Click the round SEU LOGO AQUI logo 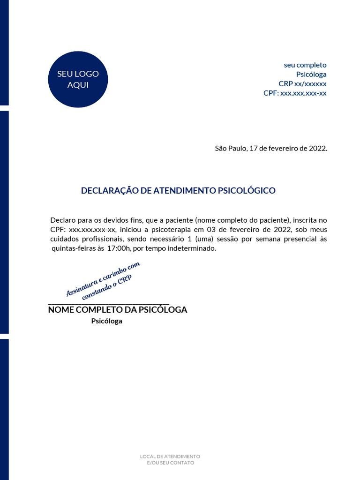[x=78, y=79]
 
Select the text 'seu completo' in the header [x=305, y=65]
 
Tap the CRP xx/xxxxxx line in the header [x=302, y=84]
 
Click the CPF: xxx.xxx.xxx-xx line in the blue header [x=295, y=93]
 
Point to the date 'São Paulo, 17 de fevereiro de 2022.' [x=271, y=149]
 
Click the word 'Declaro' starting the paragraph [x=62, y=220]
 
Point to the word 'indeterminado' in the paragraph [x=192, y=249]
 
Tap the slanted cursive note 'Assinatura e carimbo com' [x=103, y=278]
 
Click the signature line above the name [x=108, y=304]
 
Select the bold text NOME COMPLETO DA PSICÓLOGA [x=118, y=310]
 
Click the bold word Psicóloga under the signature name [x=106, y=322]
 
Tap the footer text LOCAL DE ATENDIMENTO [x=170, y=457]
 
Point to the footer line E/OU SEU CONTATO [x=170, y=463]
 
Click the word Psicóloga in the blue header [x=311, y=75]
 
